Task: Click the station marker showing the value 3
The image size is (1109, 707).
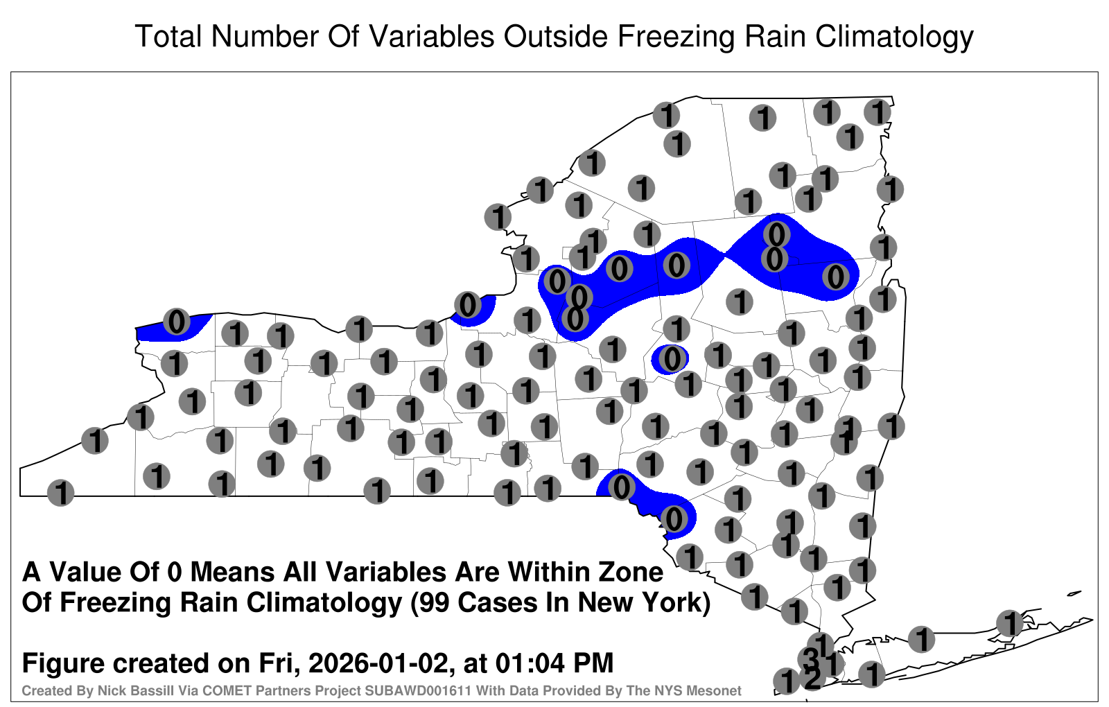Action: (x=811, y=658)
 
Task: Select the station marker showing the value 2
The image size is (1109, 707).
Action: (x=812, y=679)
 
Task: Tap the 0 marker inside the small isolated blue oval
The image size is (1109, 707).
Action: (x=672, y=358)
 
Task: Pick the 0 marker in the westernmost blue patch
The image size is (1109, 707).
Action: (x=176, y=322)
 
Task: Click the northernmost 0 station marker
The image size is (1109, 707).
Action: (x=776, y=234)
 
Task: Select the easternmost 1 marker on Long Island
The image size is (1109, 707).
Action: (x=1009, y=623)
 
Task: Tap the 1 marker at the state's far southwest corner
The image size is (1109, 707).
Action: (x=60, y=493)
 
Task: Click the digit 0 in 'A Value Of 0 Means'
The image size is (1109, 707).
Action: (x=175, y=573)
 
